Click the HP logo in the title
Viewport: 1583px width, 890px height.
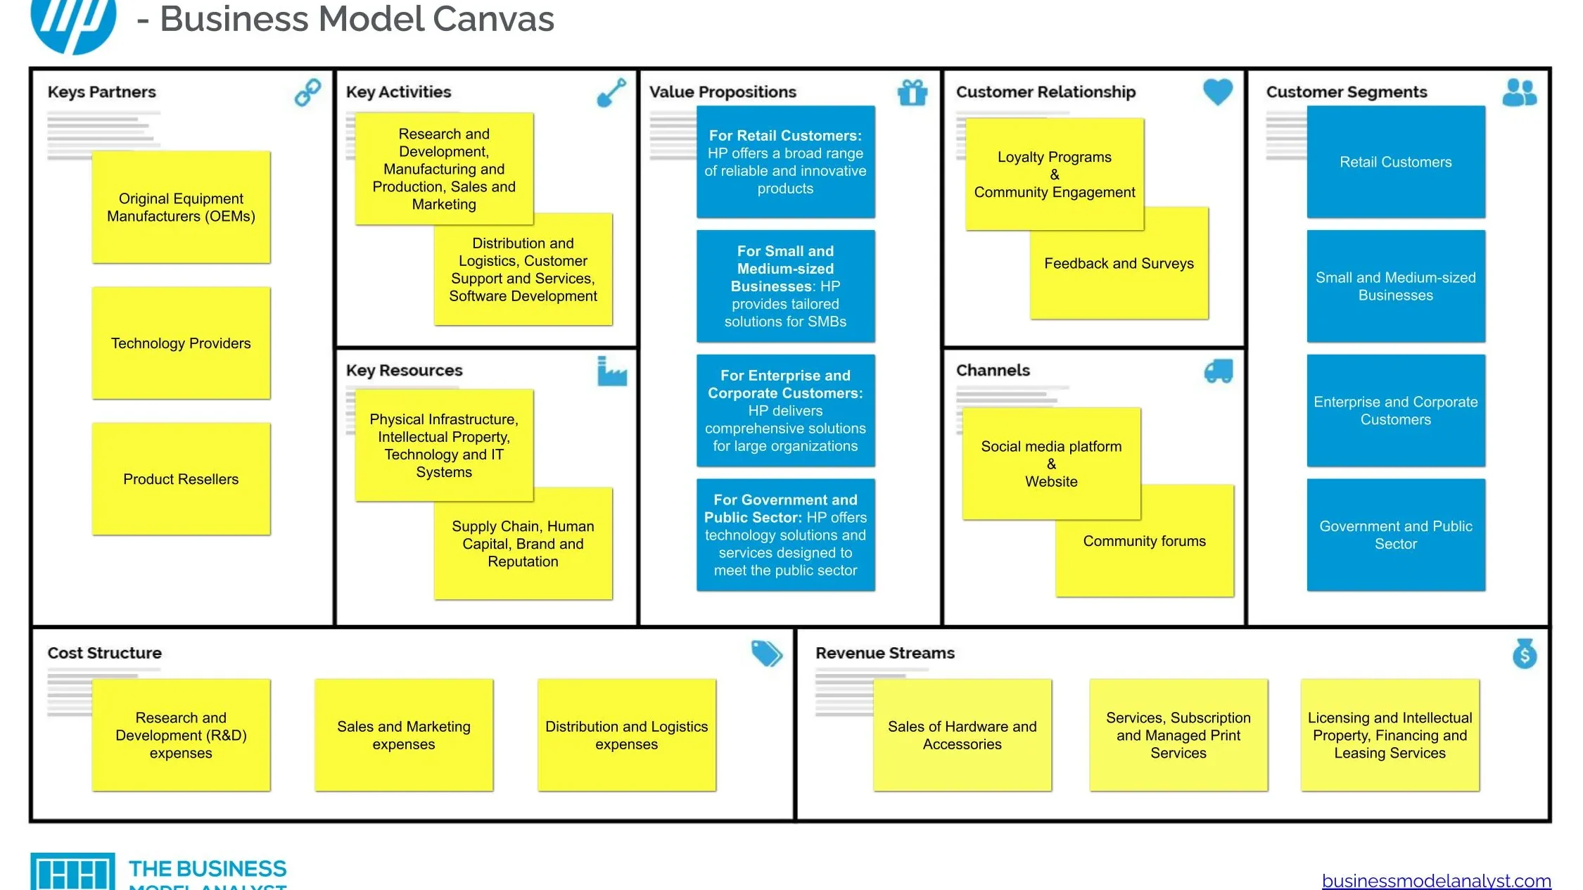click(x=73, y=25)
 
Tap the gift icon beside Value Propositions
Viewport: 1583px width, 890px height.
click(x=913, y=92)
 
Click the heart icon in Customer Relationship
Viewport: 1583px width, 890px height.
click(x=1218, y=91)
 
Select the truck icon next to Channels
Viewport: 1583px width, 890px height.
click(x=1219, y=371)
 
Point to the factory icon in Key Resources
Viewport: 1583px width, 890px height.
click(x=612, y=371)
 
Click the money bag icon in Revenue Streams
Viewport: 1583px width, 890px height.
click(x=1525, y=653)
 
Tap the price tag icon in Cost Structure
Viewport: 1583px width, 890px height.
click(x=766, y=653)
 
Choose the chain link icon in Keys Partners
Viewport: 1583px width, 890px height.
click(x=307, y=92)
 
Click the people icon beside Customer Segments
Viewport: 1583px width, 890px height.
click(x=1520, y=92)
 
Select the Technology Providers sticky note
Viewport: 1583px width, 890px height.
click(x=181, y=343)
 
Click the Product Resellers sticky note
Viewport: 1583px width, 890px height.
click(x=181, y=478)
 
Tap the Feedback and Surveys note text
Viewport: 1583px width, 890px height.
click(x=1119, y=263)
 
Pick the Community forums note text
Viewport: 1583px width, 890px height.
click(x=1144, y=541)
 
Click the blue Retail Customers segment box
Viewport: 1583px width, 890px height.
click(x=1396, y=162)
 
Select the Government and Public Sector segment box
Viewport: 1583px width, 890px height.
click(x=1396, y=535)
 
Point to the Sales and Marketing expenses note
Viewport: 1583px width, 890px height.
click(x=404, y=735)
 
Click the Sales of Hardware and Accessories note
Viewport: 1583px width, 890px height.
click(x=962, y=735)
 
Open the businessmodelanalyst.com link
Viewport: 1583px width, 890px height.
click(x=1436, y=880)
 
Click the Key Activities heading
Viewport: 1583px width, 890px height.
click(x=398, y=91)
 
